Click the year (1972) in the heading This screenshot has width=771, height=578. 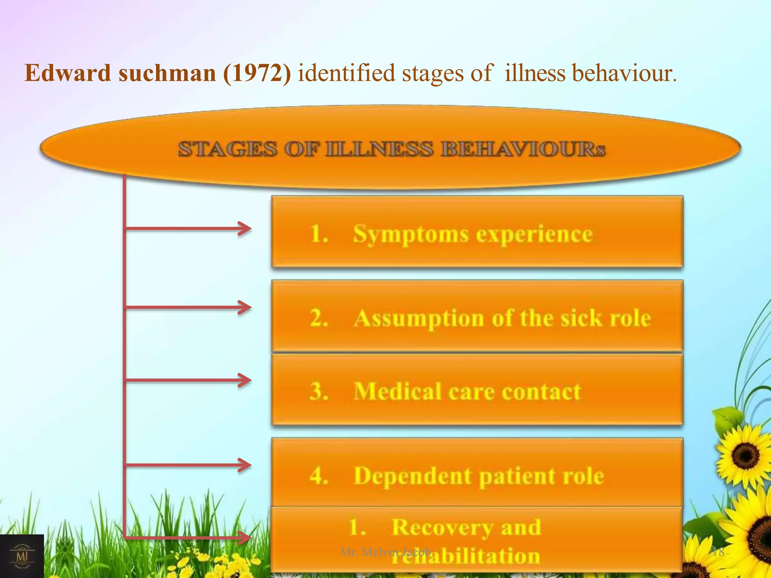point(257,73)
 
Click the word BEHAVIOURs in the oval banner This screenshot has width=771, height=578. point(523,149)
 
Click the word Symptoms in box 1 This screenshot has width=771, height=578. point(411,235)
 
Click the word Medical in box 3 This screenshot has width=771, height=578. point(398,391)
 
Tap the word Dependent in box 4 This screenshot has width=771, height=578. point(413,476)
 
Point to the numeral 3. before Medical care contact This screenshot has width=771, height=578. point(319,391)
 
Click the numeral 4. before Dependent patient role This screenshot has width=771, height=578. point(319,476)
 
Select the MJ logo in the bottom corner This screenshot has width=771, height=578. point(22,556)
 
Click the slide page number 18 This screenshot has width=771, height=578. point(718,552)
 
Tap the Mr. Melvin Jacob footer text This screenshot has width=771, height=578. point(385,552)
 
